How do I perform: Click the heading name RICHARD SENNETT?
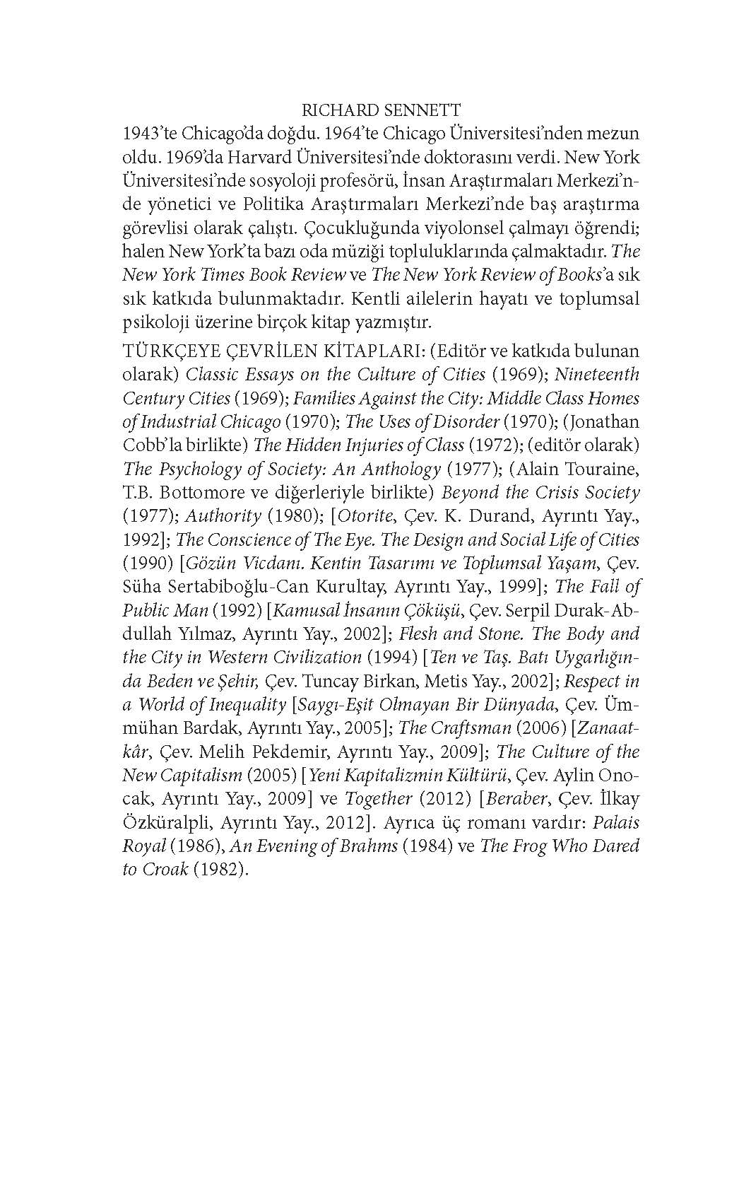[381, 110]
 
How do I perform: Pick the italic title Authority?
[223, 516]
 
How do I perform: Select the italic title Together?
[379, 800]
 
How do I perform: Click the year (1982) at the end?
[221, 870]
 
